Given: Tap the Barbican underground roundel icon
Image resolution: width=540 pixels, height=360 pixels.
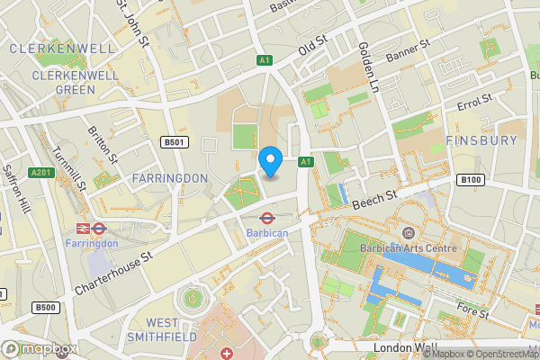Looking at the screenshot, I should [267, 218].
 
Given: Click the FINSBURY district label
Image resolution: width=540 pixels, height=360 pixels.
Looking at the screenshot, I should [481, 141].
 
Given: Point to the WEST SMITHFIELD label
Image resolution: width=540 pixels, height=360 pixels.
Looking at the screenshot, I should [172, 329].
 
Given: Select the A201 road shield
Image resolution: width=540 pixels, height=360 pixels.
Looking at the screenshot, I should [41, 173].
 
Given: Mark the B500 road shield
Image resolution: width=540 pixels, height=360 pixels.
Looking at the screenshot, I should [45, 308].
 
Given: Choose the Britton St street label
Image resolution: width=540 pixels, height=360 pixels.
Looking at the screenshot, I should [102, 143].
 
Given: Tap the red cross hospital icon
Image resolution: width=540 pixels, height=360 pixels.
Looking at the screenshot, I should [226, 352].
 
